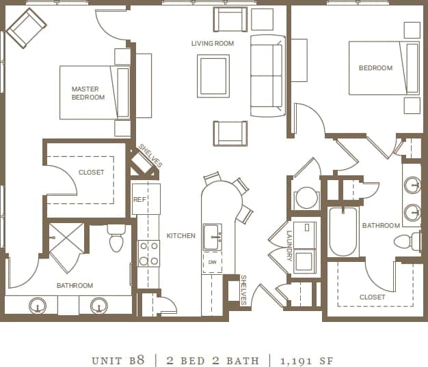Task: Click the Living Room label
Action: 213,44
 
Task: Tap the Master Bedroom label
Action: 88,93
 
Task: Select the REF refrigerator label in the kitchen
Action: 139,199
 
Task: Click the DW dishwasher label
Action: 212,263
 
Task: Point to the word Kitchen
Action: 180,236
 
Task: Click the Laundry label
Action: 289,245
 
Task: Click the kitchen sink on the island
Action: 212,237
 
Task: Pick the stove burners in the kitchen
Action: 148,253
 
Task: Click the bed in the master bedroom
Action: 95,93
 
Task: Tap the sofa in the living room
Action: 267,75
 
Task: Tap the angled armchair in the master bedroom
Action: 26,28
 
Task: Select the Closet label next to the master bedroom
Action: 91,173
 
